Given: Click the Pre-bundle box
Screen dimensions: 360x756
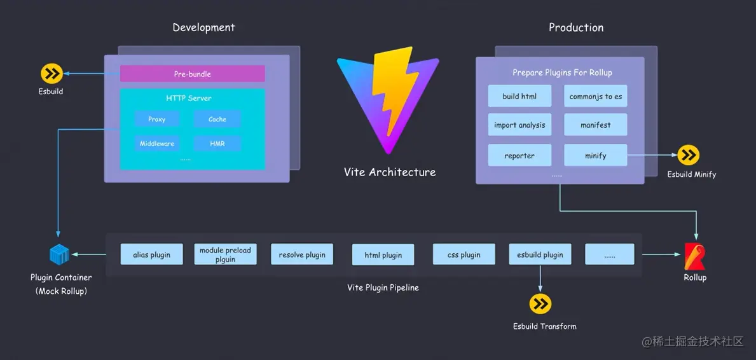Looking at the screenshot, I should coord(192,74).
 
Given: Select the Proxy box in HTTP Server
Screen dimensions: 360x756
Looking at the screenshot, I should coord(156,119).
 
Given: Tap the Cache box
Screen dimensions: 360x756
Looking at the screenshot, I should coord(217,119).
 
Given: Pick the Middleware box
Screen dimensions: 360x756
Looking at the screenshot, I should coord(156,144).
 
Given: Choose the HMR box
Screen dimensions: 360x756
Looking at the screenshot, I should coord(217,144).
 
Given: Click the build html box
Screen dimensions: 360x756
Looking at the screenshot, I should coord(519,96).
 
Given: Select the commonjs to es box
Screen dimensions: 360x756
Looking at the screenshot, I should coord(595,96).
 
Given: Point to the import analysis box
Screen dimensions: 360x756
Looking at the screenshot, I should coord(519,125).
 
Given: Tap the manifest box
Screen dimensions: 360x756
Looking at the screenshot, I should coord(595,125).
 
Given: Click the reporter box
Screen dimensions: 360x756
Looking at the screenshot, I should coord(519,155).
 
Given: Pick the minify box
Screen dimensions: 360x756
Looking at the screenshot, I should coord(595,155).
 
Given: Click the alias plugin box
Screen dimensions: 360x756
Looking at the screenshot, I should coord(151,254).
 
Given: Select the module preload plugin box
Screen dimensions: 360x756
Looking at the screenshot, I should coord(225,254).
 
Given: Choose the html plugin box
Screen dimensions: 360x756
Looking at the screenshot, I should coord(383,254).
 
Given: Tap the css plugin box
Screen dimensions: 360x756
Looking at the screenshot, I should coord(464,254).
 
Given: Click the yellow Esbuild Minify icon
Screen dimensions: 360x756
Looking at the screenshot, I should coord(688,155).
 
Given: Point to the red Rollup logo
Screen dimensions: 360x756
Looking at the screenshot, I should coord(694,256).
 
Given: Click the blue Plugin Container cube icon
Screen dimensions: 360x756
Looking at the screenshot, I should coord(58,255).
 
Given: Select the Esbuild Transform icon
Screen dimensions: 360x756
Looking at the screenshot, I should coord(540,304).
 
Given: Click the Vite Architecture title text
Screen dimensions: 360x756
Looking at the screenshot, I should coord(390,172).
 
